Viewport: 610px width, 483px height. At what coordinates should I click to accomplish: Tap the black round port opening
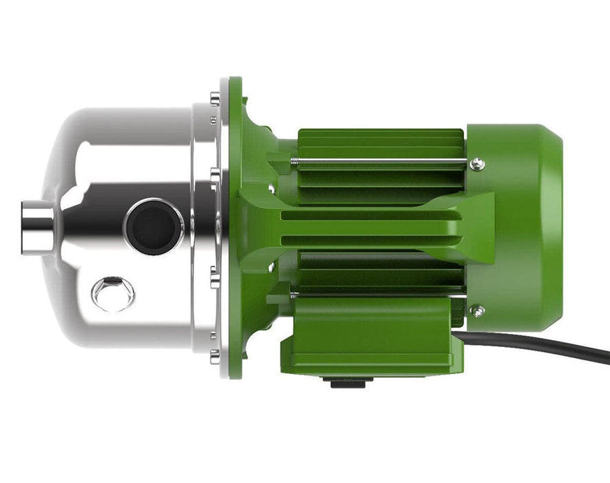[x=153, y=226]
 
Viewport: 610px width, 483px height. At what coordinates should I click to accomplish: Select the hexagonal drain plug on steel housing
[x=113, y=293]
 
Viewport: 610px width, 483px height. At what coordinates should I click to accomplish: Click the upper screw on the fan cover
[x=476, y=164]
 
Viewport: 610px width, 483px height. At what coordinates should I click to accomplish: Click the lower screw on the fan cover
[x=476, y=310]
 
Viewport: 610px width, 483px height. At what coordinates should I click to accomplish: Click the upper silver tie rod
[x=379, y=162]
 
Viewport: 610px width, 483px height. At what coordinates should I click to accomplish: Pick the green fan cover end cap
[x=517, y=228]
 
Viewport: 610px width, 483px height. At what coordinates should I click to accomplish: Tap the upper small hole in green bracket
[x=272, y=188]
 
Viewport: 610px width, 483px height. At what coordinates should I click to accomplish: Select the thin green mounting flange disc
[x=235, y=228]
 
